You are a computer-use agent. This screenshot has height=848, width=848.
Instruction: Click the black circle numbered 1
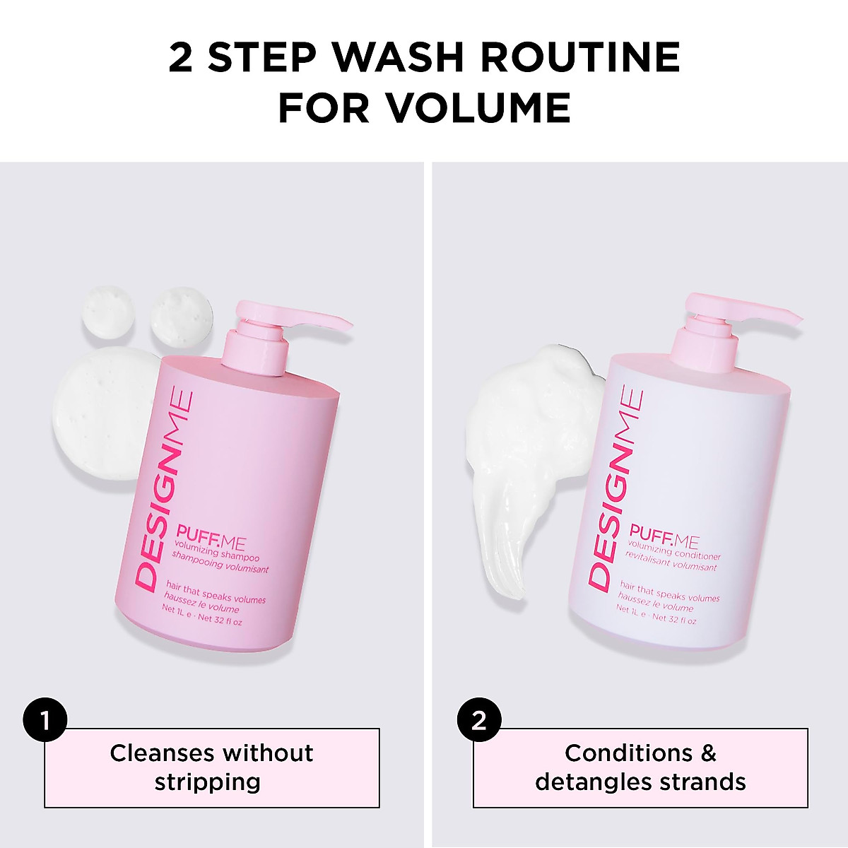(x=45, y=721)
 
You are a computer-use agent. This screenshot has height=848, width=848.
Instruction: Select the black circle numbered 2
(x=479, y=721)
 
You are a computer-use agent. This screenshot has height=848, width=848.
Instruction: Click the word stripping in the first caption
(x=208, y=782)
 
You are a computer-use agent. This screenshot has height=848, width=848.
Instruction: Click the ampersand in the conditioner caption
(x=707, y=753)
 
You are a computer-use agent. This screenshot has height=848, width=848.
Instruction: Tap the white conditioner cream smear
(x=523, y=452)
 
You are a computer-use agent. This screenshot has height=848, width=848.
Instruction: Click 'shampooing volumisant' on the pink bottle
(x=221, y=562)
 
